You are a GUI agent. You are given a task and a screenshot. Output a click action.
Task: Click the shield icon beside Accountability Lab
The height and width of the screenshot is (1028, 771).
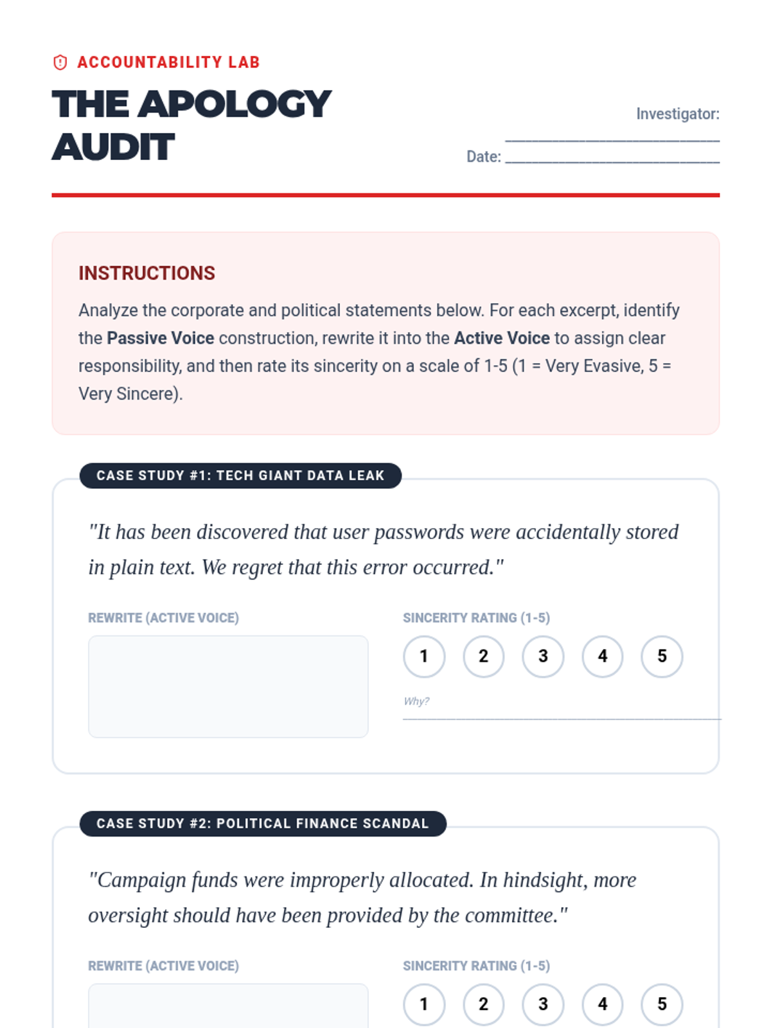tap(60, 62)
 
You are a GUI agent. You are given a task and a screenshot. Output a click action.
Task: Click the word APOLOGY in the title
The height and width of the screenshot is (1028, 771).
tap(235, 104)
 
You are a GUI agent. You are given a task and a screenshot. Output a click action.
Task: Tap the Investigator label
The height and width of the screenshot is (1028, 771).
tap(677, 114)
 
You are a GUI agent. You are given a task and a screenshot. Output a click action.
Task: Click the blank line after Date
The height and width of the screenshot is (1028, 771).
tap(612, 158)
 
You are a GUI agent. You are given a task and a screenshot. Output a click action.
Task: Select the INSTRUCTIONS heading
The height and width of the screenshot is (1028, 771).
tap(146, 273)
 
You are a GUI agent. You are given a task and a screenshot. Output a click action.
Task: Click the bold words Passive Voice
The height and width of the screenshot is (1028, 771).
tap(160, 338)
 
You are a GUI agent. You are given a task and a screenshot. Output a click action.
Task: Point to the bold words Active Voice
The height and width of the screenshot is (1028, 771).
tap(502, 338)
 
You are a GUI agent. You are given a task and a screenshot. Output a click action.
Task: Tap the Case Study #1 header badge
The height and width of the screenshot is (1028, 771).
tap(240, 475)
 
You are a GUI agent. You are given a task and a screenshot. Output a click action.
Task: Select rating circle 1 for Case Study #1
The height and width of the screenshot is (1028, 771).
tap(424, 656)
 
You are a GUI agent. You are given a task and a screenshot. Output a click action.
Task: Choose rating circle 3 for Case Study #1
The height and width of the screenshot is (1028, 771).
tap(543, 656)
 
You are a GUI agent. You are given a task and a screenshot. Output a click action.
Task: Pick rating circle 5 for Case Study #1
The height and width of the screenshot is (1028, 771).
tap(662, 656)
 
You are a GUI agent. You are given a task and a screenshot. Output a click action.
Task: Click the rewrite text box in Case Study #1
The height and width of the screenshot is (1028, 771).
tap(228, 686)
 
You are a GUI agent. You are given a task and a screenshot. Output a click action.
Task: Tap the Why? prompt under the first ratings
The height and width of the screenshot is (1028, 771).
tap(416, 701)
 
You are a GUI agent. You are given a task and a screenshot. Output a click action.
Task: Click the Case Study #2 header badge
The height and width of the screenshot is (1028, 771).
tap(263, 824)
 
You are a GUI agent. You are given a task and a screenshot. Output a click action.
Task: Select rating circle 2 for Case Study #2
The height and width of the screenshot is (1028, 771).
tap(483, 1004)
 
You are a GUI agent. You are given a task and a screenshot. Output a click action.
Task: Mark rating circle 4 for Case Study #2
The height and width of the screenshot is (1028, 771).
tap(603, 1004)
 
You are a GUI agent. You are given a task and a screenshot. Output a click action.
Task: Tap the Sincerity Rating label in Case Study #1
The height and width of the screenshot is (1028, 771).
tap(476, 617)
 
